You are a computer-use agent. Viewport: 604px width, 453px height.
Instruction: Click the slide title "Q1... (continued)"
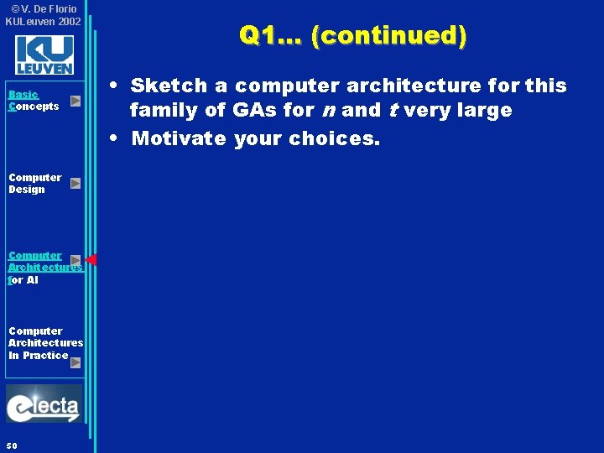(x=352, y=35)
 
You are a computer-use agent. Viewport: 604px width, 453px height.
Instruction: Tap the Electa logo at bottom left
(x=44, y=405)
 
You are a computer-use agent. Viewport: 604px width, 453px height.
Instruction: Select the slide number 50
(x=11, y=445)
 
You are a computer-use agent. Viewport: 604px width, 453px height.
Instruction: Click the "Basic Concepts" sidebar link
(x=34, y=101)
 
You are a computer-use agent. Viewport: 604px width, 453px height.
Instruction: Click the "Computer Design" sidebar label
(x=34, y=183)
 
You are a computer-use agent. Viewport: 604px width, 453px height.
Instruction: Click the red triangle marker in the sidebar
(x=91, y=260)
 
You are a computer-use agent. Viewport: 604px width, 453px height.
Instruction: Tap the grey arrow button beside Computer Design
(x=75, y=183)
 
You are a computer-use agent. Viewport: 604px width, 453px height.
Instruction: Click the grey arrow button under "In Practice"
(x=75, y=362)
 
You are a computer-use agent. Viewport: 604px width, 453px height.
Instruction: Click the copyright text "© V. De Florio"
(x=43, y=9)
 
